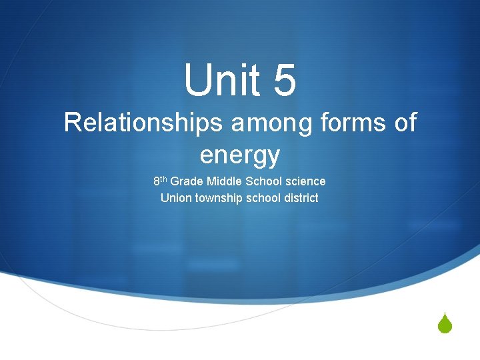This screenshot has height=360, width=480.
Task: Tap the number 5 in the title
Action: (283, 81)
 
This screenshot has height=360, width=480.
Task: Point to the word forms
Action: (353, 123)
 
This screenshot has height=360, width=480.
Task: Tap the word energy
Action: (239, 156)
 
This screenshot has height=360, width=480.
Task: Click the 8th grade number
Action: (157, 181)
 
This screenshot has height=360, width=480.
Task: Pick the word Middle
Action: (223, 181)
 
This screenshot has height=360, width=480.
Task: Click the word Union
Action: (176, 198)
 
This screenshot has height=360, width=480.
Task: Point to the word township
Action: (219, 198)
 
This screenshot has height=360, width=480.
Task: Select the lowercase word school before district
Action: (263, 198)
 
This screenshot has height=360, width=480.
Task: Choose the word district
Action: (301, 198)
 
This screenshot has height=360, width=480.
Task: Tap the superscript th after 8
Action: (164, 179)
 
